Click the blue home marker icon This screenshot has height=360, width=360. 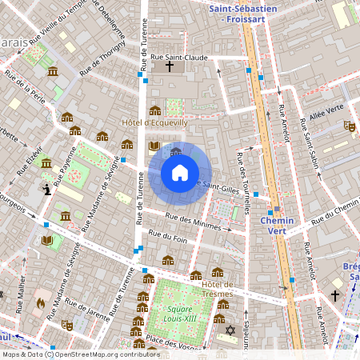180,172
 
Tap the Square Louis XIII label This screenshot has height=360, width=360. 179,313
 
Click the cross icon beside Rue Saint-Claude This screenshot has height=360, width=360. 169,68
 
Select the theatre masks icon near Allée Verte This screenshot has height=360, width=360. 349,126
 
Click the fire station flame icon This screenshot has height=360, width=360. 40,303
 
